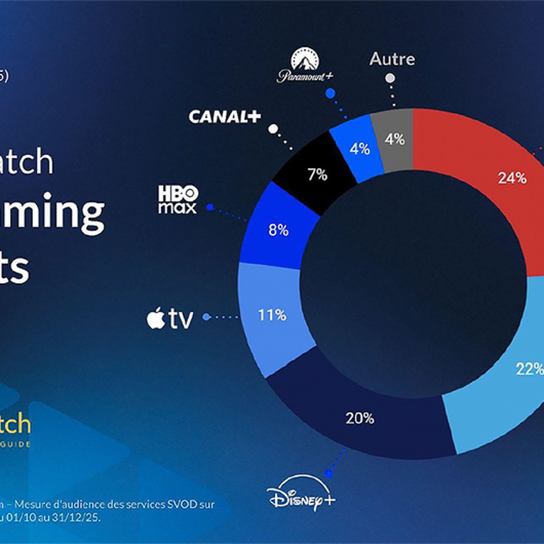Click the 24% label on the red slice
[512, 178]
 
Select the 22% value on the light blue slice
[530, 369]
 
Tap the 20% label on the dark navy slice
[360, 419]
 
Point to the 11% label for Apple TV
[272, 315]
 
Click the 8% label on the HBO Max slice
[278, 230]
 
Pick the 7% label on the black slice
[317, 174]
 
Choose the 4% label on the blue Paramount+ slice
[360, 149]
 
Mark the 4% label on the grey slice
[394, 139]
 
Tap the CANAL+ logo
[224, 116]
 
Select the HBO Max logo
[178, 199]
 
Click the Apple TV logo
[170, 318]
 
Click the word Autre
[392, 59]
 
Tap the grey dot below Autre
[390, 78]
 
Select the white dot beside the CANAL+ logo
[273, 128]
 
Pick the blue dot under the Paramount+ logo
[330, 93]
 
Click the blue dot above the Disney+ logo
[328, 473]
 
